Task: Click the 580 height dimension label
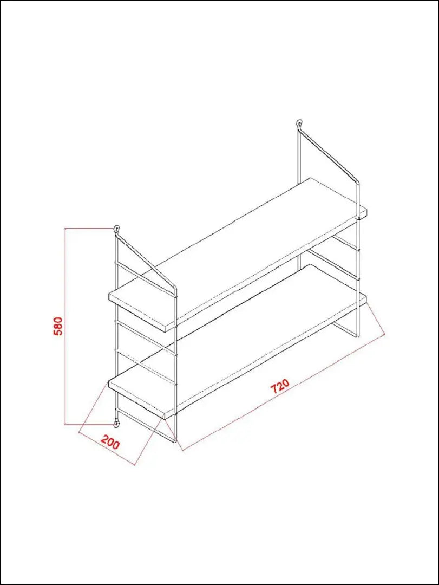(60, 326)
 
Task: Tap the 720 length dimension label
(280, 387)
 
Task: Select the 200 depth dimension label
(110, 443)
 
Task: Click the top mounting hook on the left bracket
(117, 229)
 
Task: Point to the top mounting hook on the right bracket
(299, 123)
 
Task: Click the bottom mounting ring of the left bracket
(117, 423)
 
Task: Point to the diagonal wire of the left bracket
(146, 260)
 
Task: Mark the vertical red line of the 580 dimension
(65, 326)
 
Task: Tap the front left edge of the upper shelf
(142, 313)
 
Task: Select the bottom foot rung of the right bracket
(345, 330)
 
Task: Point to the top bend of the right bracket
(357, 183)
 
